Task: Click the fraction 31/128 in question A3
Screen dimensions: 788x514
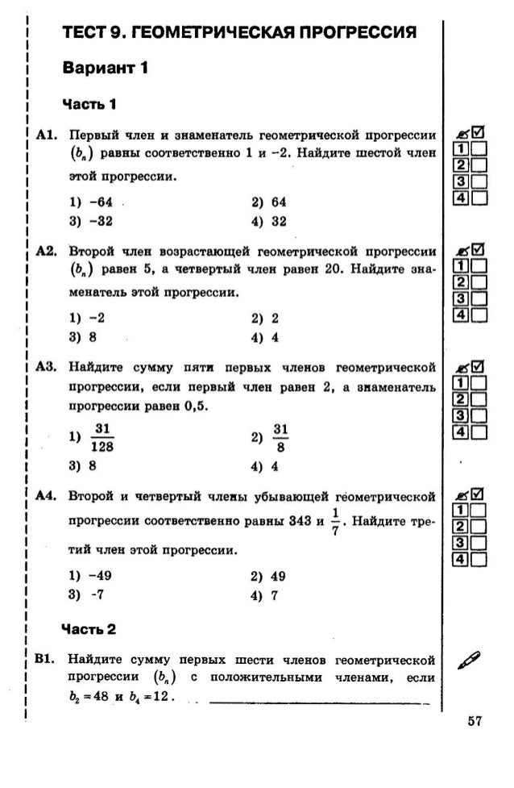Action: [x=102, y=436]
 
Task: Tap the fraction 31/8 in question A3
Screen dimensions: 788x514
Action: [x=280, y=436]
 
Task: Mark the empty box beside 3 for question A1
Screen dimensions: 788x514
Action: [x=479, y=181]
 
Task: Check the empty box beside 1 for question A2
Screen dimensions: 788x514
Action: [x=479, y=266]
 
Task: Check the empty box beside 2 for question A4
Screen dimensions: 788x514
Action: [x=479, y=528]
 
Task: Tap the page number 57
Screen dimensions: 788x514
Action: [x=474, y=721]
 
